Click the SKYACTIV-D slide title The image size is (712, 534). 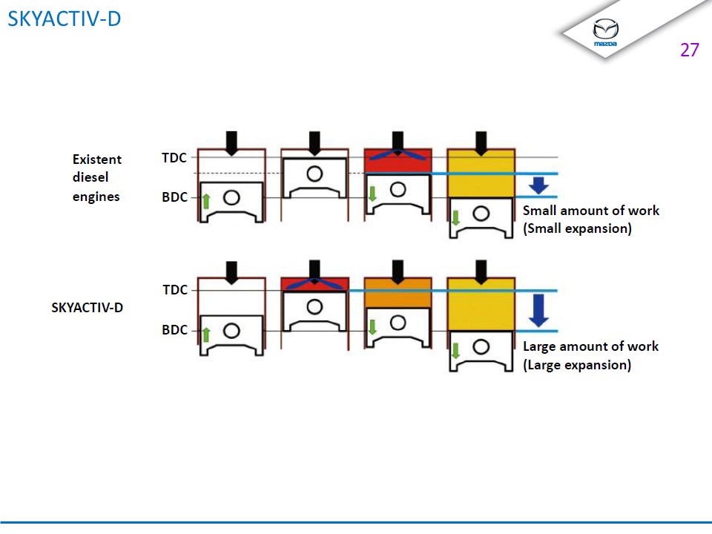click(x=64, y=19)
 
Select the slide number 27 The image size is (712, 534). click(x=689, y=50)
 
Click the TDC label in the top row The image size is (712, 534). click(x=174, y=157)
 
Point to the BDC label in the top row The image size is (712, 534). click(x=174, y=198)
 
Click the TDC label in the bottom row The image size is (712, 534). click(x=175, y=290)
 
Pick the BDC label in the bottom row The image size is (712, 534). click(x=175, y=330)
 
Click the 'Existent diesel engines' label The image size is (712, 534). click(x=96, y=178)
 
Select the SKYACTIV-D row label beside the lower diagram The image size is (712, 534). click(x=87, y=307)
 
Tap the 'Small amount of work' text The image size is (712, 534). click(x=590, y=211)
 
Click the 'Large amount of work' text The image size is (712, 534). click(x=590, y=346)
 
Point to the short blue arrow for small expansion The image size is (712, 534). click(x=539, y=185)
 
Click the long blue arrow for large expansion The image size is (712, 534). click(x=539, y=310)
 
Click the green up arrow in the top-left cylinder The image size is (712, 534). click(x=207, y=200)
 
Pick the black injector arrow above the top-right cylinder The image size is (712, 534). click(x=481, y=142)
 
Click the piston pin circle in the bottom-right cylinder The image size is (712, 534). click(x=481, y=346)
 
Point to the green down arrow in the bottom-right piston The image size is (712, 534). click(x=456, y=349)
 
